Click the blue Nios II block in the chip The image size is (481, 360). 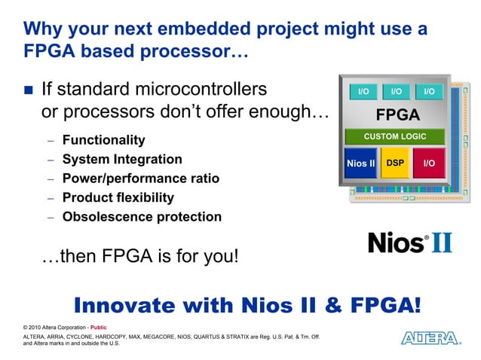point(360,163)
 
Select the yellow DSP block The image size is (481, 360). point(395,163)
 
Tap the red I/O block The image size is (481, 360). point(429,163)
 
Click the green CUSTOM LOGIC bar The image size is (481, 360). point(395,136)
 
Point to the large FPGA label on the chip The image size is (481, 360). point(397,115)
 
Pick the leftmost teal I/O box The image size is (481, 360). point(363,91)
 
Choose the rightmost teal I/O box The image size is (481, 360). point(429,91)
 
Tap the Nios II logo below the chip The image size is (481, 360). point(409,242)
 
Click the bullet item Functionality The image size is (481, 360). point(103,140)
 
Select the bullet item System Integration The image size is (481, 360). point(122,159)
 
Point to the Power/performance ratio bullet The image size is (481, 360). point(141,178)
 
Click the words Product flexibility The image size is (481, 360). point(118,197)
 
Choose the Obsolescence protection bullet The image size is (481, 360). point(142,217)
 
